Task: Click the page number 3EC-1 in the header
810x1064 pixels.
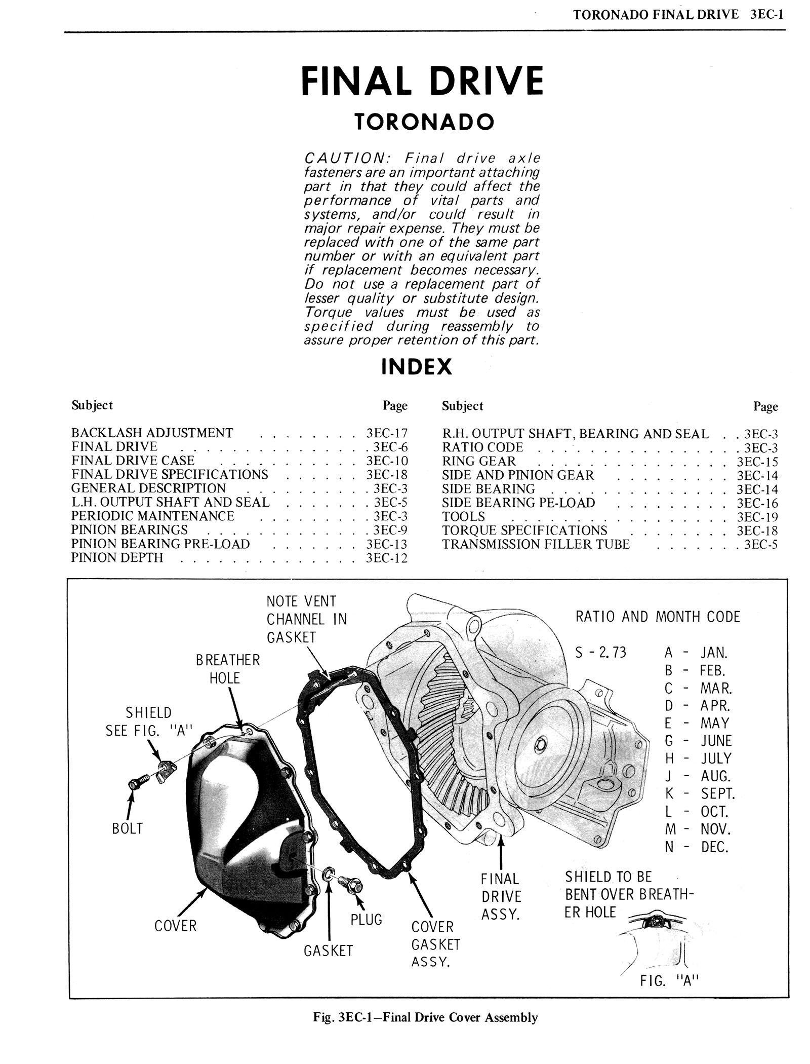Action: coord(767,15)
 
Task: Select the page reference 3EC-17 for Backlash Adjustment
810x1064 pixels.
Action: coord(387,433)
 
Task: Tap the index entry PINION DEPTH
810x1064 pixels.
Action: coord(117,558)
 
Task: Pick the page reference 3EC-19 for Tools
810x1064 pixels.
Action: coord(757,517)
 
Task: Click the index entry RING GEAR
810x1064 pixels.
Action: coord(478,462)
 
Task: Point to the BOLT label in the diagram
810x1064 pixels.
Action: coord(128,828)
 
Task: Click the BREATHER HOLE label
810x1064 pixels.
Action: coord(228,669)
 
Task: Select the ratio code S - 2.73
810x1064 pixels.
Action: coord(601,652)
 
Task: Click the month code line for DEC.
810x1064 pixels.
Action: coord(696,847)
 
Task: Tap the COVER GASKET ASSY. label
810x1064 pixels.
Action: coord(435,944)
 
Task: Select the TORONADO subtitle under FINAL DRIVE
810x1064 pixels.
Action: coord(423,122)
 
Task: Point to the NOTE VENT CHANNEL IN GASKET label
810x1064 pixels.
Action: coord(307,619)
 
